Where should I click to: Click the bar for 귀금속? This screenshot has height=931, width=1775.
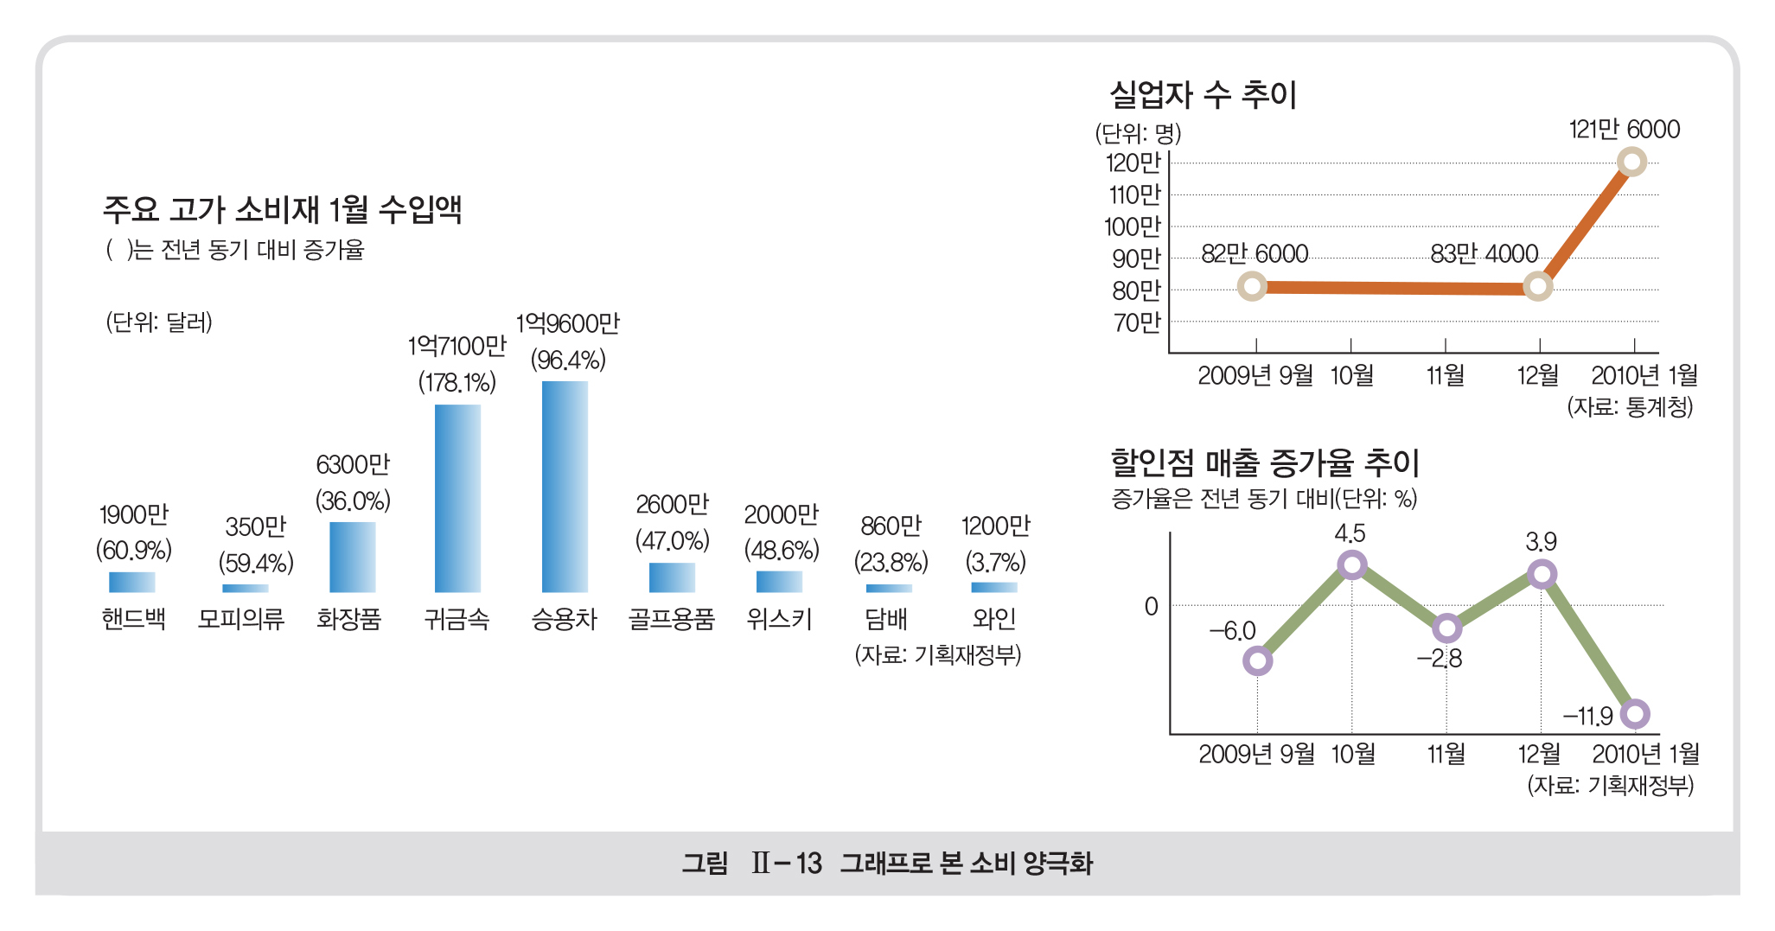457,498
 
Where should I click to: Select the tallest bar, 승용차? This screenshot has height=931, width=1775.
565,486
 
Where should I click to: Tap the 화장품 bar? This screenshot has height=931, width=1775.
352,557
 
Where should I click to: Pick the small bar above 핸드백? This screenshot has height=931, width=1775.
132,582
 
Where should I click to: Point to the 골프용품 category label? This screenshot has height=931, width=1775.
671,619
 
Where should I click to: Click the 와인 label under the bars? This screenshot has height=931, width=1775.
993,619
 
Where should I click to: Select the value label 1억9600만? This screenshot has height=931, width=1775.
567,324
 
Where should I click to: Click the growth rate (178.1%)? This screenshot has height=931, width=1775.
457,382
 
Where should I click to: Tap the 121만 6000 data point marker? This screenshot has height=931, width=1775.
1631,162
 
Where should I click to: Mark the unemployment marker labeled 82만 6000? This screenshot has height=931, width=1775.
1252,286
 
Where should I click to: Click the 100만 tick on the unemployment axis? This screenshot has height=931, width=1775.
1133,226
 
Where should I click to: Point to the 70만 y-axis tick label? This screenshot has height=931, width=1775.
1136,322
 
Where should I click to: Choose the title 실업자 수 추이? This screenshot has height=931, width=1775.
1203,95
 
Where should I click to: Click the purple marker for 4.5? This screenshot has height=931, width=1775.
1351,565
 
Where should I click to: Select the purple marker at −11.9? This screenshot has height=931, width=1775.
1634,714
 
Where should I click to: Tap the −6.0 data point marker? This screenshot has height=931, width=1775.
1257,661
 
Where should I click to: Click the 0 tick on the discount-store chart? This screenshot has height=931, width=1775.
1151,607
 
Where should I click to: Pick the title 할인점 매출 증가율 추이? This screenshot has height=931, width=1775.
1264,463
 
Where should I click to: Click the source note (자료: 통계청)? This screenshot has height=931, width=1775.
1630,406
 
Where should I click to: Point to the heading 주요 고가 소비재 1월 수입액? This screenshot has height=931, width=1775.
283,209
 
